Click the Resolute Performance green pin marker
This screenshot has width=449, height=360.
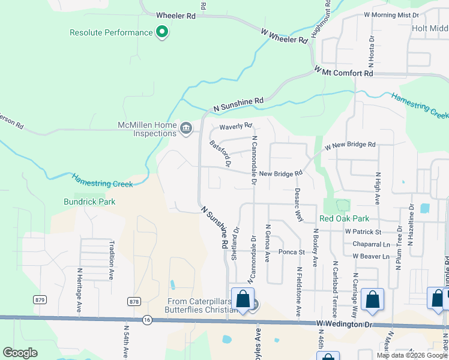tap(161, 32)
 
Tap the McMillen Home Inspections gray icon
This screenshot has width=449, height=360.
tap(186, 127)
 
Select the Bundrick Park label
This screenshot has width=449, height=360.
tap(89, 202)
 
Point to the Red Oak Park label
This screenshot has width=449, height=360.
tap(344, 219)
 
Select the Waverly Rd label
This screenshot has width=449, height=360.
tap(235, 126)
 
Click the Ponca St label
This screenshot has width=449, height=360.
tap(294, 252)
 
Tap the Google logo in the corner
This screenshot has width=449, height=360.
tap(20, 353)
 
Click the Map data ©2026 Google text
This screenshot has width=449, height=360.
tap(411, 355)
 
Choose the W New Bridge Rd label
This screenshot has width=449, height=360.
tap(350, 145)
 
